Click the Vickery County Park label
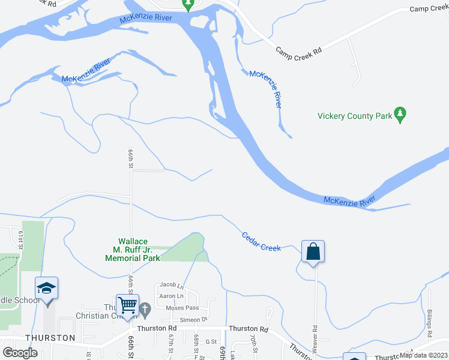point(354,116)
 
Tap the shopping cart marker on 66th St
point(127,305)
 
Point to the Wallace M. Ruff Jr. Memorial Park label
point(133,250)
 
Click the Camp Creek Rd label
point(298,50)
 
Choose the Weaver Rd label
point(314,338)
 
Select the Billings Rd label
point(430,324)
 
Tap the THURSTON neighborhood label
point(50,338)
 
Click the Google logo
point(20,353)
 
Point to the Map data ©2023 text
point(424,355)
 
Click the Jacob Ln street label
point(171,285)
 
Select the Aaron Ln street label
point(170,296)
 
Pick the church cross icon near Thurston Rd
point(145,310)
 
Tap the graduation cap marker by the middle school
point(47,288)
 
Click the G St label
point(211,341)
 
